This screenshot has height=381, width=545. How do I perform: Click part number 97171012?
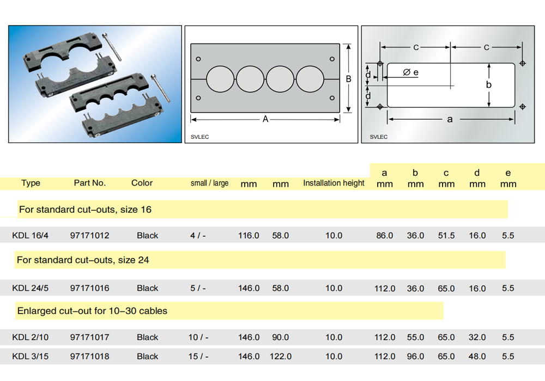click(89, 236)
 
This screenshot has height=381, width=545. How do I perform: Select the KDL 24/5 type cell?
click(31, 288)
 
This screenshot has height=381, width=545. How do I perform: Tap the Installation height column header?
click(334, 183)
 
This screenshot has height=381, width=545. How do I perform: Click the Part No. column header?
click(90, 183)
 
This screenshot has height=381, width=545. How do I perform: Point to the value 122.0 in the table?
click(281, 357)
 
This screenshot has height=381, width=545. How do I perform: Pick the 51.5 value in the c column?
click(446, 236)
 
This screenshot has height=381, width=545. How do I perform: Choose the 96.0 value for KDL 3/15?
click(415, 357)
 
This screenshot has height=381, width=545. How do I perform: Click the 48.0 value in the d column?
click(477, 357)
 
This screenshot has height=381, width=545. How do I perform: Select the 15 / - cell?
click(198, 357)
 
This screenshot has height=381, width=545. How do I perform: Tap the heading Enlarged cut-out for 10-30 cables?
click(92, 311)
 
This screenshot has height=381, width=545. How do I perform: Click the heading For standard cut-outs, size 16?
click(85, 210)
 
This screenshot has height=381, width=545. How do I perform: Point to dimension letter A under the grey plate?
click(265, 119)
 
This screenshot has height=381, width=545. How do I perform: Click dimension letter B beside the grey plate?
click(349, 79)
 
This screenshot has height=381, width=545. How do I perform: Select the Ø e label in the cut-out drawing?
click(410, 72)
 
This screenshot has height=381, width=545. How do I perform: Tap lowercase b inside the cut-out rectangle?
click(489, 85)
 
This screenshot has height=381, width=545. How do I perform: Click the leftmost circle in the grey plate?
click(220, 79)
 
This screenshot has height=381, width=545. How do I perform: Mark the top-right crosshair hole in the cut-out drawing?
click(523, 63)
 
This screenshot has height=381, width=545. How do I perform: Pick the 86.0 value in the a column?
click(384, 236)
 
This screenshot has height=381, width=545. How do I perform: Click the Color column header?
click(142, 183)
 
